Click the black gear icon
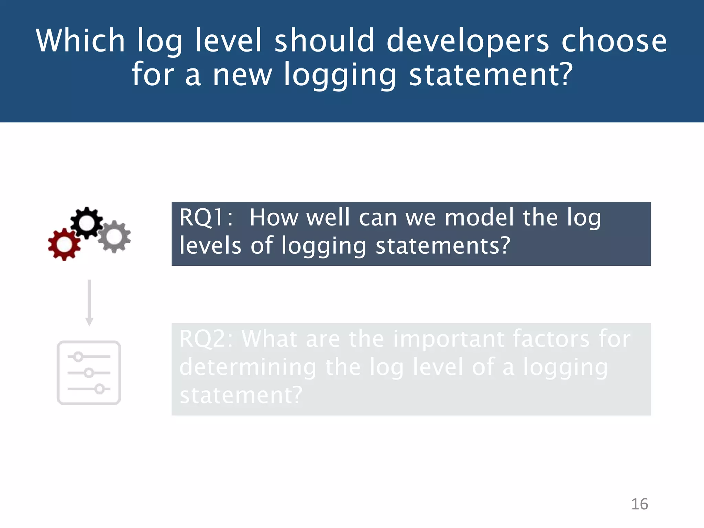pos(87,223)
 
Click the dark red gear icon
pos(64,244)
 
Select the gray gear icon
pos(114,236)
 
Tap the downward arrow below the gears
pos(89,302)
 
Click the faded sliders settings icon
pos(89,373)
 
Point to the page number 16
pos(639,504)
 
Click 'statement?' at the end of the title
pos(491,75)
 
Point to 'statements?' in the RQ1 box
pos(443,246)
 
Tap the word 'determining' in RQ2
pos(247,367)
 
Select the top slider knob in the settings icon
pos(78,357)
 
